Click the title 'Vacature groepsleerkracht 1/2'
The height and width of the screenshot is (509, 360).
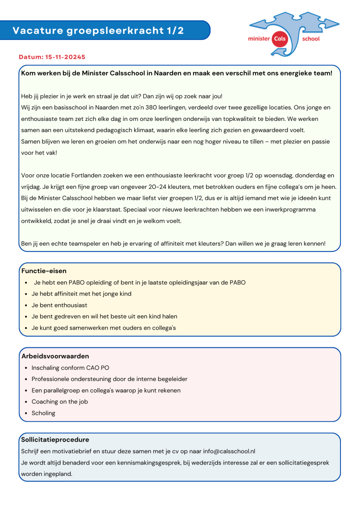(98, 31)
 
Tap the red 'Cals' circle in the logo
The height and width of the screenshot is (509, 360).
(281, 38)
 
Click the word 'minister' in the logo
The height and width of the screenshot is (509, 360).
(259, 39)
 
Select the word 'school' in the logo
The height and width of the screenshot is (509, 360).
(310, 39)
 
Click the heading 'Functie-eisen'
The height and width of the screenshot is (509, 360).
(44, 271)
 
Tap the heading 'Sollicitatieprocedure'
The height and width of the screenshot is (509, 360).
(55, 440)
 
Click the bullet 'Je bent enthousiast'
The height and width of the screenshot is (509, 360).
(59, 305)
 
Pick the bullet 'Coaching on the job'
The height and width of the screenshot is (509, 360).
(59, 402)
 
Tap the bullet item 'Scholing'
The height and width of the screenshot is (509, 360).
(43, 413)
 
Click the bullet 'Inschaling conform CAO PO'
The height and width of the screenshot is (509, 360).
(70, 368)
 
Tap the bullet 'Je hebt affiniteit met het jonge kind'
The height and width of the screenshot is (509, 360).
(82, 294)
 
